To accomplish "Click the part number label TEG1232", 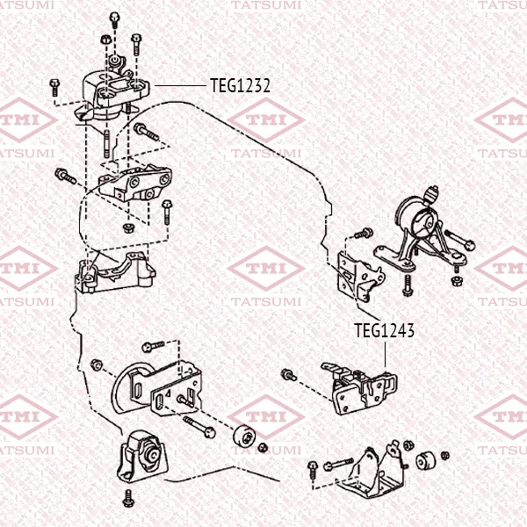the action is point(240,86).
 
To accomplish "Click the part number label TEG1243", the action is point(384,330).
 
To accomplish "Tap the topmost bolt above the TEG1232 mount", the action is point(115,20).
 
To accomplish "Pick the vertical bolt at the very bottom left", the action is point(128,498).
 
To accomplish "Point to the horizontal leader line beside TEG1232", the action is point(180,86).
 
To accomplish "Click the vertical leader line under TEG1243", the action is point(385,354).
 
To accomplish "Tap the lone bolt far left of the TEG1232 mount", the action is point(54,87).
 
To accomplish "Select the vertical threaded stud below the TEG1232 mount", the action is point(106,143).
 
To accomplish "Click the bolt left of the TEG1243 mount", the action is point(289,374).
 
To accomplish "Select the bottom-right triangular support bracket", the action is point(372,471).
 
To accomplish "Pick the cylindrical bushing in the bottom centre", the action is point(244,437).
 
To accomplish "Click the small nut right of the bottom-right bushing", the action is point(445,456).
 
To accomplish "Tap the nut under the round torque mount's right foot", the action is point(456,281).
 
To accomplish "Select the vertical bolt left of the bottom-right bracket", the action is point(313,470).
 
